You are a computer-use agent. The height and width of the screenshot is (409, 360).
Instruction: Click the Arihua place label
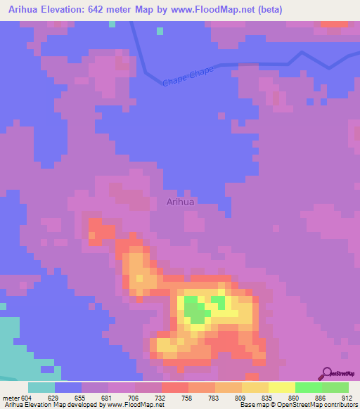pos(181,202)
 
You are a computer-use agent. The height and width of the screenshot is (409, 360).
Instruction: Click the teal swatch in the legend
pos(41,387)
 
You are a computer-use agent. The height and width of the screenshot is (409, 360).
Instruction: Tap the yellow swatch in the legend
pos(281,387)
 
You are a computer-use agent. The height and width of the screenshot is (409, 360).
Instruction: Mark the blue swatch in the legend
pos(68,387)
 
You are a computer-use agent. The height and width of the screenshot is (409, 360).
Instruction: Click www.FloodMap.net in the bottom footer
pos(134,405)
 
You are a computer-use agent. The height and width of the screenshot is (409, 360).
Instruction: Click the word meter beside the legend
pos(10,397)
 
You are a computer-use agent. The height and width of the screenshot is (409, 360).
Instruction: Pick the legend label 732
pos(161,397)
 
